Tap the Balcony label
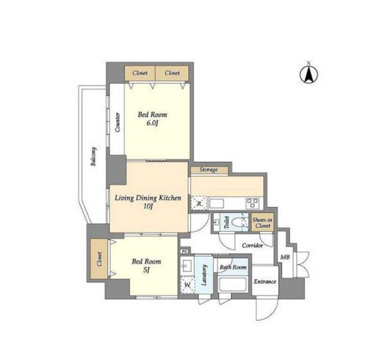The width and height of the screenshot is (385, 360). pos(94,156)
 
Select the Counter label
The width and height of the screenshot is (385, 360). pos(117,122)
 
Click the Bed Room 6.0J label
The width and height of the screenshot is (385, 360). pos(152,119)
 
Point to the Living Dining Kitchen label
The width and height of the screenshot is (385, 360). pos(148,202)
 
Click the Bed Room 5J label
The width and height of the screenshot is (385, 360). pos(146,265)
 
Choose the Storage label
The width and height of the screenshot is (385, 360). pos(209,169)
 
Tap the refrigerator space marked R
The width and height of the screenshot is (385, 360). pos(199,203)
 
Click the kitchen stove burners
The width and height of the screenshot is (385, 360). pos(252,204)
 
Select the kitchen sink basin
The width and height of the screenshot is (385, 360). pos(216,204)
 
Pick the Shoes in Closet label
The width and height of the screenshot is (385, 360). pos(262,222)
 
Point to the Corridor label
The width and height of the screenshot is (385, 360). pos(252,246)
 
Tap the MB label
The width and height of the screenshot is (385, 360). pos(285,257)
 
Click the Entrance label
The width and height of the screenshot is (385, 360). pos(265,282)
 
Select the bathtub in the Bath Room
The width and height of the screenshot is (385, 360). pos(232,284)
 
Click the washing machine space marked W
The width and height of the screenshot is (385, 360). pos(187,285)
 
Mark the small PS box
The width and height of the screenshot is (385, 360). pos(184,251)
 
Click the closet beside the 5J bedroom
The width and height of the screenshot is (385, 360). pos(99,259)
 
